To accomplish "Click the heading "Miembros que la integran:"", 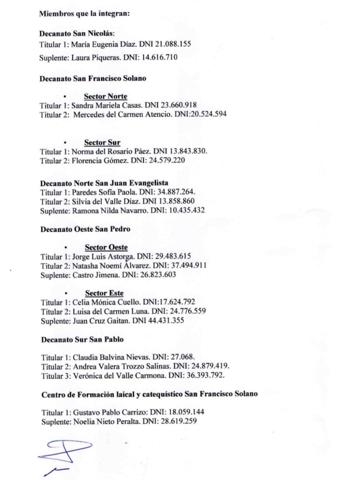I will click(x=84, y=14).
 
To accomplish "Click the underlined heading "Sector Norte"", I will click(x=105, y=96).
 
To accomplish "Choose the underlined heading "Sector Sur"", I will click(x=102, y=142).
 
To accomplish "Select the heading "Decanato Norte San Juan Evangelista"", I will click(x=104, y=183).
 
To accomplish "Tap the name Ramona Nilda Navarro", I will click(x=109, y=210).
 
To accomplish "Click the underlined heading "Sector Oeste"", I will click(x=106, y=247).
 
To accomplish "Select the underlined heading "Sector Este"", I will click(x=104, y=293).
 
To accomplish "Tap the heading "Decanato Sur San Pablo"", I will click(x=82, y=340).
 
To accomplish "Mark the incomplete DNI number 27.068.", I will click(x=182, y=357).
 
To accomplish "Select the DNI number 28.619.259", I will click(x=179, y=421).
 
